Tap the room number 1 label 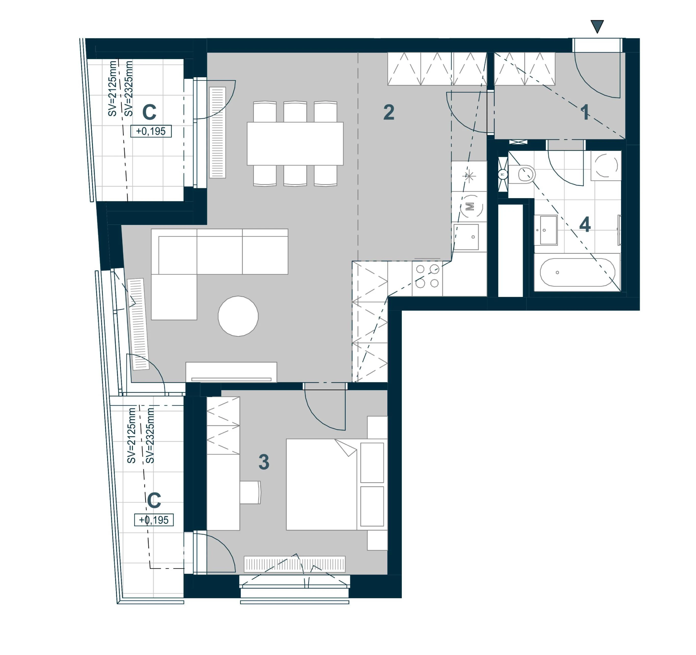(584, 112)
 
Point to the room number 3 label (264, 461)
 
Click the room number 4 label (585, 224)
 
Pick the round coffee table (238, 316)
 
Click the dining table (295, 144)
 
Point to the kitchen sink (466, 237)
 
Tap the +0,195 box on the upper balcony (151, 131)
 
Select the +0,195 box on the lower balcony (154, 520)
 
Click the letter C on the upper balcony (149, 112)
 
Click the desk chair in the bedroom (250, 492)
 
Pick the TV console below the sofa (231, 372)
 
